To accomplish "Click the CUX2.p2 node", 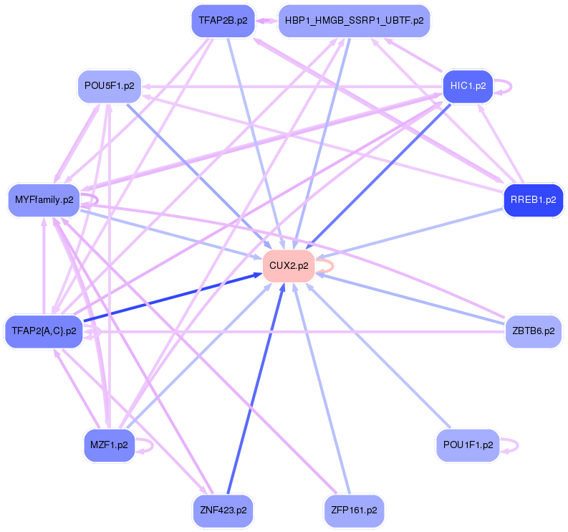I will pos(289,265).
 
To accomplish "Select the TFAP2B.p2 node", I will pos(223,21).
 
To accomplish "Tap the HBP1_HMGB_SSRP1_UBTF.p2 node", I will pos(353,21).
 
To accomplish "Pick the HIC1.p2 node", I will pos(468,86).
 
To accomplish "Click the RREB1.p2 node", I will pos(533,199).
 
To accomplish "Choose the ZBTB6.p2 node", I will pos(533,331).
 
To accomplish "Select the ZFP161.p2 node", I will pos(354,510).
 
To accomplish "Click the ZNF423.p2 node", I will pos(223,510).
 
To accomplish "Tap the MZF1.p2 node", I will pos(109,445).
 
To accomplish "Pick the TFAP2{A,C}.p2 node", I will pos(43,331).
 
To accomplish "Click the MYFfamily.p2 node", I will pos(43,199).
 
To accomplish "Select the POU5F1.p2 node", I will pos(109,86).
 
